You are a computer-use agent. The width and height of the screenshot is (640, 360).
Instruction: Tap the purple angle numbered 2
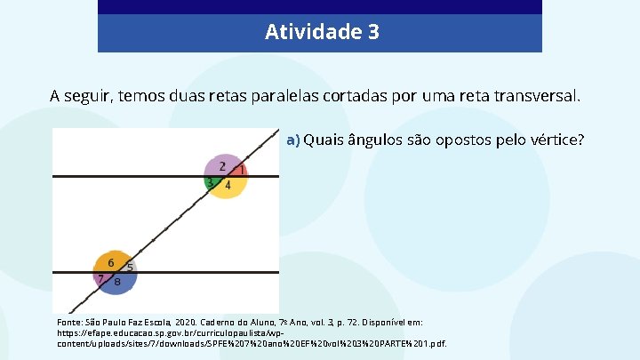point(222,165)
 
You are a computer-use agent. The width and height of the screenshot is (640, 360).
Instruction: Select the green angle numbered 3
point(210,183)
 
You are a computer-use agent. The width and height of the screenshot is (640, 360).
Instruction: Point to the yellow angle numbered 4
point(228,186)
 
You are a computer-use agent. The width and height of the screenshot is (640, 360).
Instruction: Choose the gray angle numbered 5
point(131,266)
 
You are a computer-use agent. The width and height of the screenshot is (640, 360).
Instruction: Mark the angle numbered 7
point(100,278)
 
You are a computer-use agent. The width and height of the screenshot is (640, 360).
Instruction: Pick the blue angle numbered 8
point(117,282)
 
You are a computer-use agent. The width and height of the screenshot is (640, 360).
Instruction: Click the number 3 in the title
point(372,33)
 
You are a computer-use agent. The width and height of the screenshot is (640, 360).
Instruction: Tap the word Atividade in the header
point(310,33)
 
